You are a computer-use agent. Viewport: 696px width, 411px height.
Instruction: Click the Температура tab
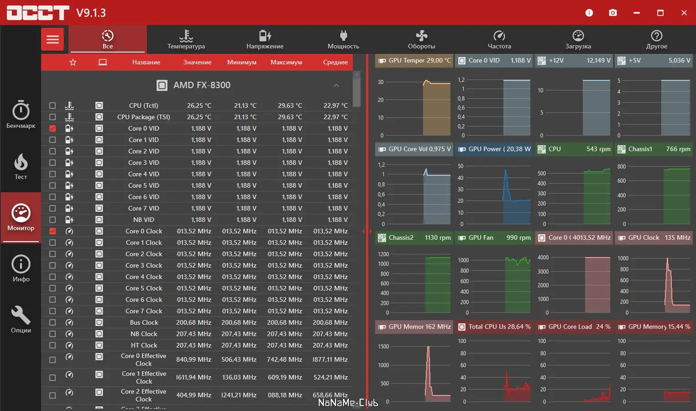[186, 40]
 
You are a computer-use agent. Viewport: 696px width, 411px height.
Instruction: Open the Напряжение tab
[265, 40]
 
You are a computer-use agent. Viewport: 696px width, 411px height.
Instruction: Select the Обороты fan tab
[421, 40]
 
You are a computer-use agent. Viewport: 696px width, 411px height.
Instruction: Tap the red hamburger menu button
[53, 40]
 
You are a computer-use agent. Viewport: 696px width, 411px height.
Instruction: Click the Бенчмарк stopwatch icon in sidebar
[21, 114]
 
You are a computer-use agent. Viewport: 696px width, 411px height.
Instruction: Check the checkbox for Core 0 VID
[52, 129]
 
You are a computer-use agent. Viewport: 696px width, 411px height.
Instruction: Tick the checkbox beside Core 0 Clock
[52, 232]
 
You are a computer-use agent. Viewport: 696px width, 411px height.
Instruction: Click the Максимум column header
[286, 63]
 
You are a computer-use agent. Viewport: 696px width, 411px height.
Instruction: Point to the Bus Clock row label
[144, 323]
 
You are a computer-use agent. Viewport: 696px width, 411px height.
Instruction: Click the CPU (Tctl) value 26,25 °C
[199, 105]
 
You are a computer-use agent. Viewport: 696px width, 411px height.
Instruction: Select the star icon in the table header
[73, 63]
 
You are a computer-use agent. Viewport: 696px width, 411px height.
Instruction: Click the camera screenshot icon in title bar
[613, 13]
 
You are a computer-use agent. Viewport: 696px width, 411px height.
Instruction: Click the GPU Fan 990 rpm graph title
[494, 238]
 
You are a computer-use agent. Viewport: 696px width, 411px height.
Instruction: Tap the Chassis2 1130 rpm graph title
[414, 238]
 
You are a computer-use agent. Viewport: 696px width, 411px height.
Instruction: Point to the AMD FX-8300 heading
[202, 85]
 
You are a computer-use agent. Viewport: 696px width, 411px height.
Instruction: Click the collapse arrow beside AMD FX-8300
[336, 85]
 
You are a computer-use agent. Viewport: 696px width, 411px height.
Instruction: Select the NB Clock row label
[144, 334]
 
